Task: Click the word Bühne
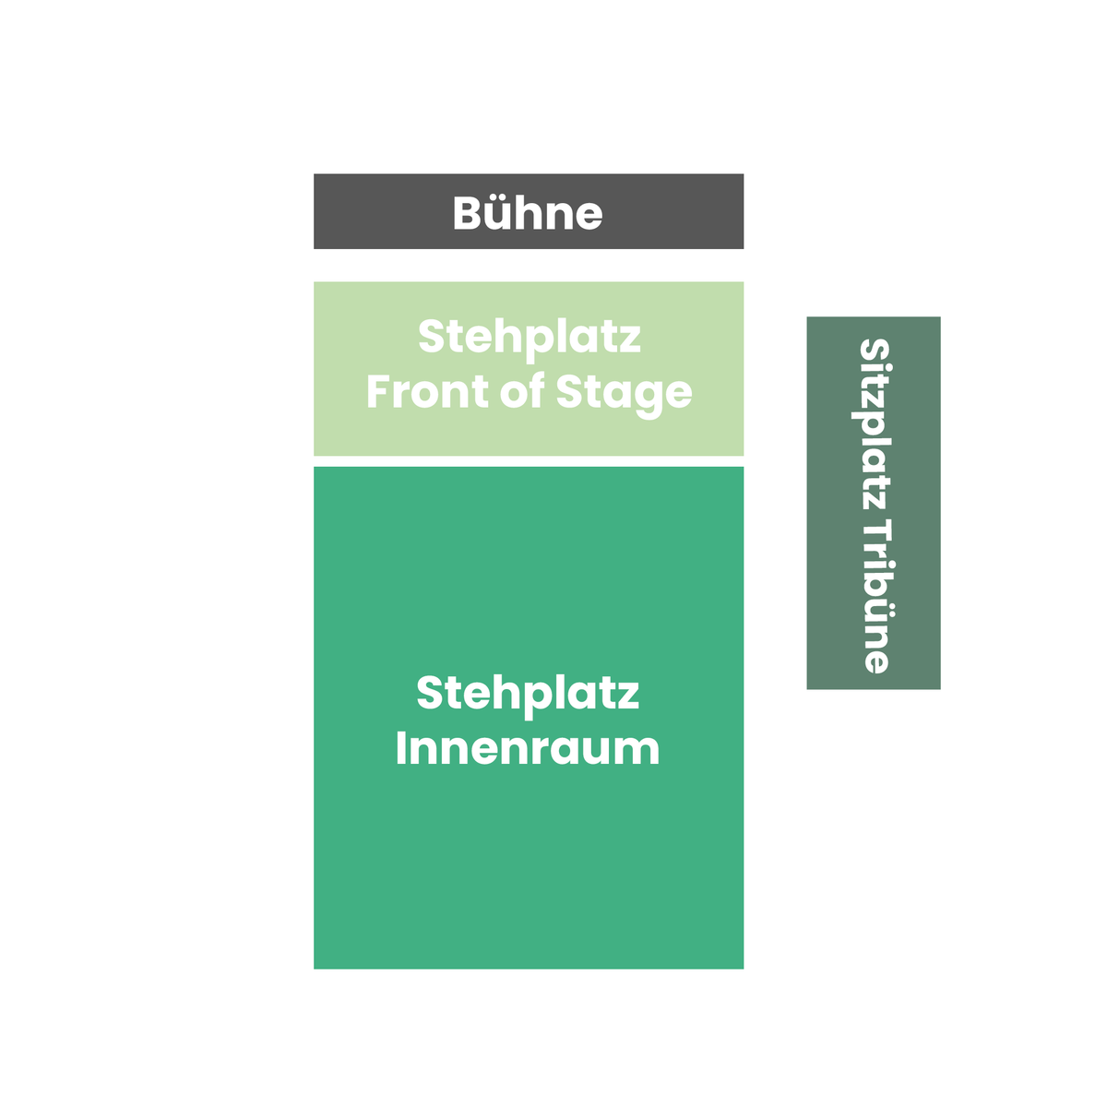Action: coord(527,213)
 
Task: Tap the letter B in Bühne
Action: coord(466,213)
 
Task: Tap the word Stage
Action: coord(624,395)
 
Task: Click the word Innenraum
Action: coord(528,749)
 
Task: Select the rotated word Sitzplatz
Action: coord(875,425)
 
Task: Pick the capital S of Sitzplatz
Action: coord(875,351)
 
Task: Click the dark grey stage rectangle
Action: coord(528,211)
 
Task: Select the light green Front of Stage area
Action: coord(528,368)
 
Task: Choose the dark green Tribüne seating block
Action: coord(874,503)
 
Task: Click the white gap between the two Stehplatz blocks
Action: coord(528,460)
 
